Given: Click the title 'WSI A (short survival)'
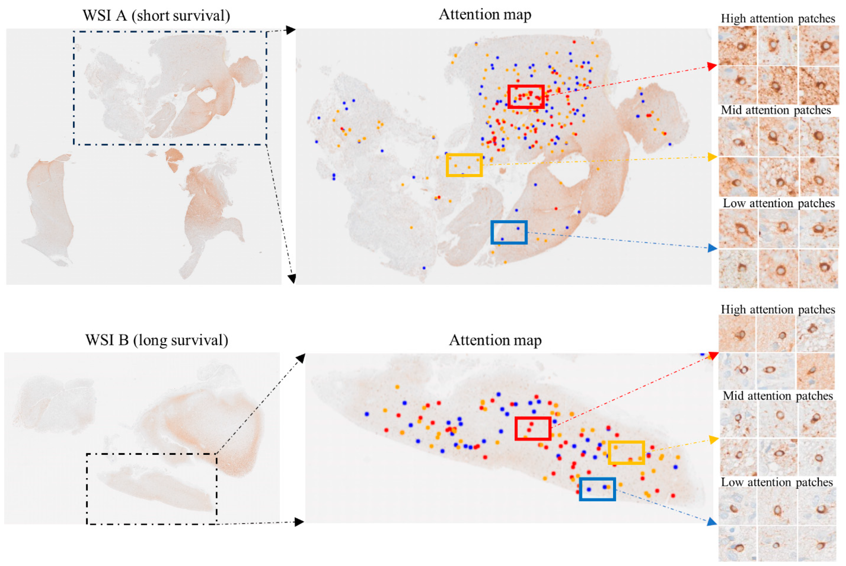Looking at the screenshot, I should [156, 16].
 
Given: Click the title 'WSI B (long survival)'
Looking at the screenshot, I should [157, 340].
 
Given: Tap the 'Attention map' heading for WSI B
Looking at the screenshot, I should [495, 340].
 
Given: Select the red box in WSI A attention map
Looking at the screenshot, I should [526, 97].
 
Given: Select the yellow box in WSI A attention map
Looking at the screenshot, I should [464, 165].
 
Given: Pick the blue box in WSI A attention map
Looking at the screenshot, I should [509, 232].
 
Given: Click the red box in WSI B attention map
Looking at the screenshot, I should [533, 428].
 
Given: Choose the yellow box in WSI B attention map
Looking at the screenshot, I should [626, 452].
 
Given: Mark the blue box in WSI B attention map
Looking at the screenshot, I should [597, 489].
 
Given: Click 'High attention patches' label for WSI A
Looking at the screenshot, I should [778, 18].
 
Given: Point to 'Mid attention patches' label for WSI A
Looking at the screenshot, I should [775, 110].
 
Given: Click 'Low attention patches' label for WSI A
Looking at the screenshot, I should [778, 203].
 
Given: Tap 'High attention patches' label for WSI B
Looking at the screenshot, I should [778, 309].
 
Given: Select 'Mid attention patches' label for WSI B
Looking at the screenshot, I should [778, 396].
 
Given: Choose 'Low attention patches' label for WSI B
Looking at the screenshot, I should [777, 482].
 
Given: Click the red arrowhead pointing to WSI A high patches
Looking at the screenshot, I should [712, 66].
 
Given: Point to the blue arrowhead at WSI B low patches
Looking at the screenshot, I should [712, 522].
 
